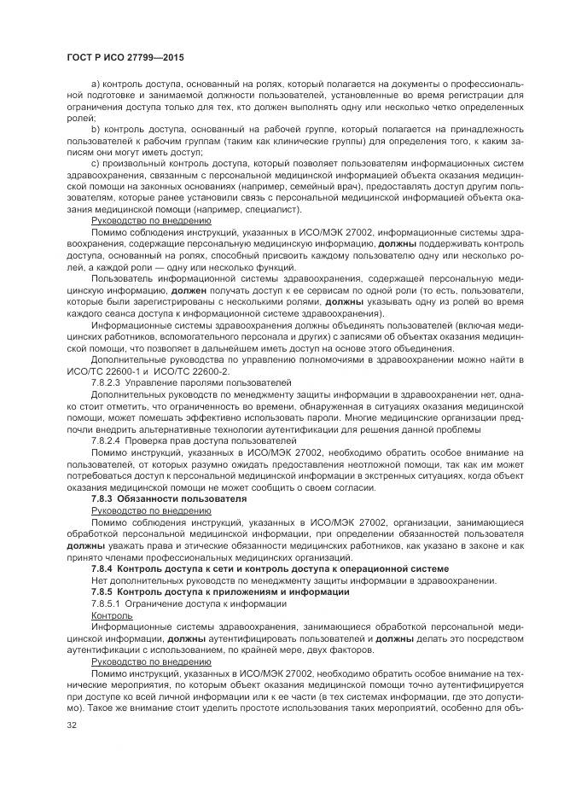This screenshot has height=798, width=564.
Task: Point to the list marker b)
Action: [x=95, y=126]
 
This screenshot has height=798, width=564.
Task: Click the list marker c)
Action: [x=95, y=160]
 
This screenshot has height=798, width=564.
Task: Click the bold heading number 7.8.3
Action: [x=104, y=497]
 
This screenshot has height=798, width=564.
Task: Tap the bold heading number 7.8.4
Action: [x=104, y=568]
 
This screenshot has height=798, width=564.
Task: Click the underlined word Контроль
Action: [x=111, y=614]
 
